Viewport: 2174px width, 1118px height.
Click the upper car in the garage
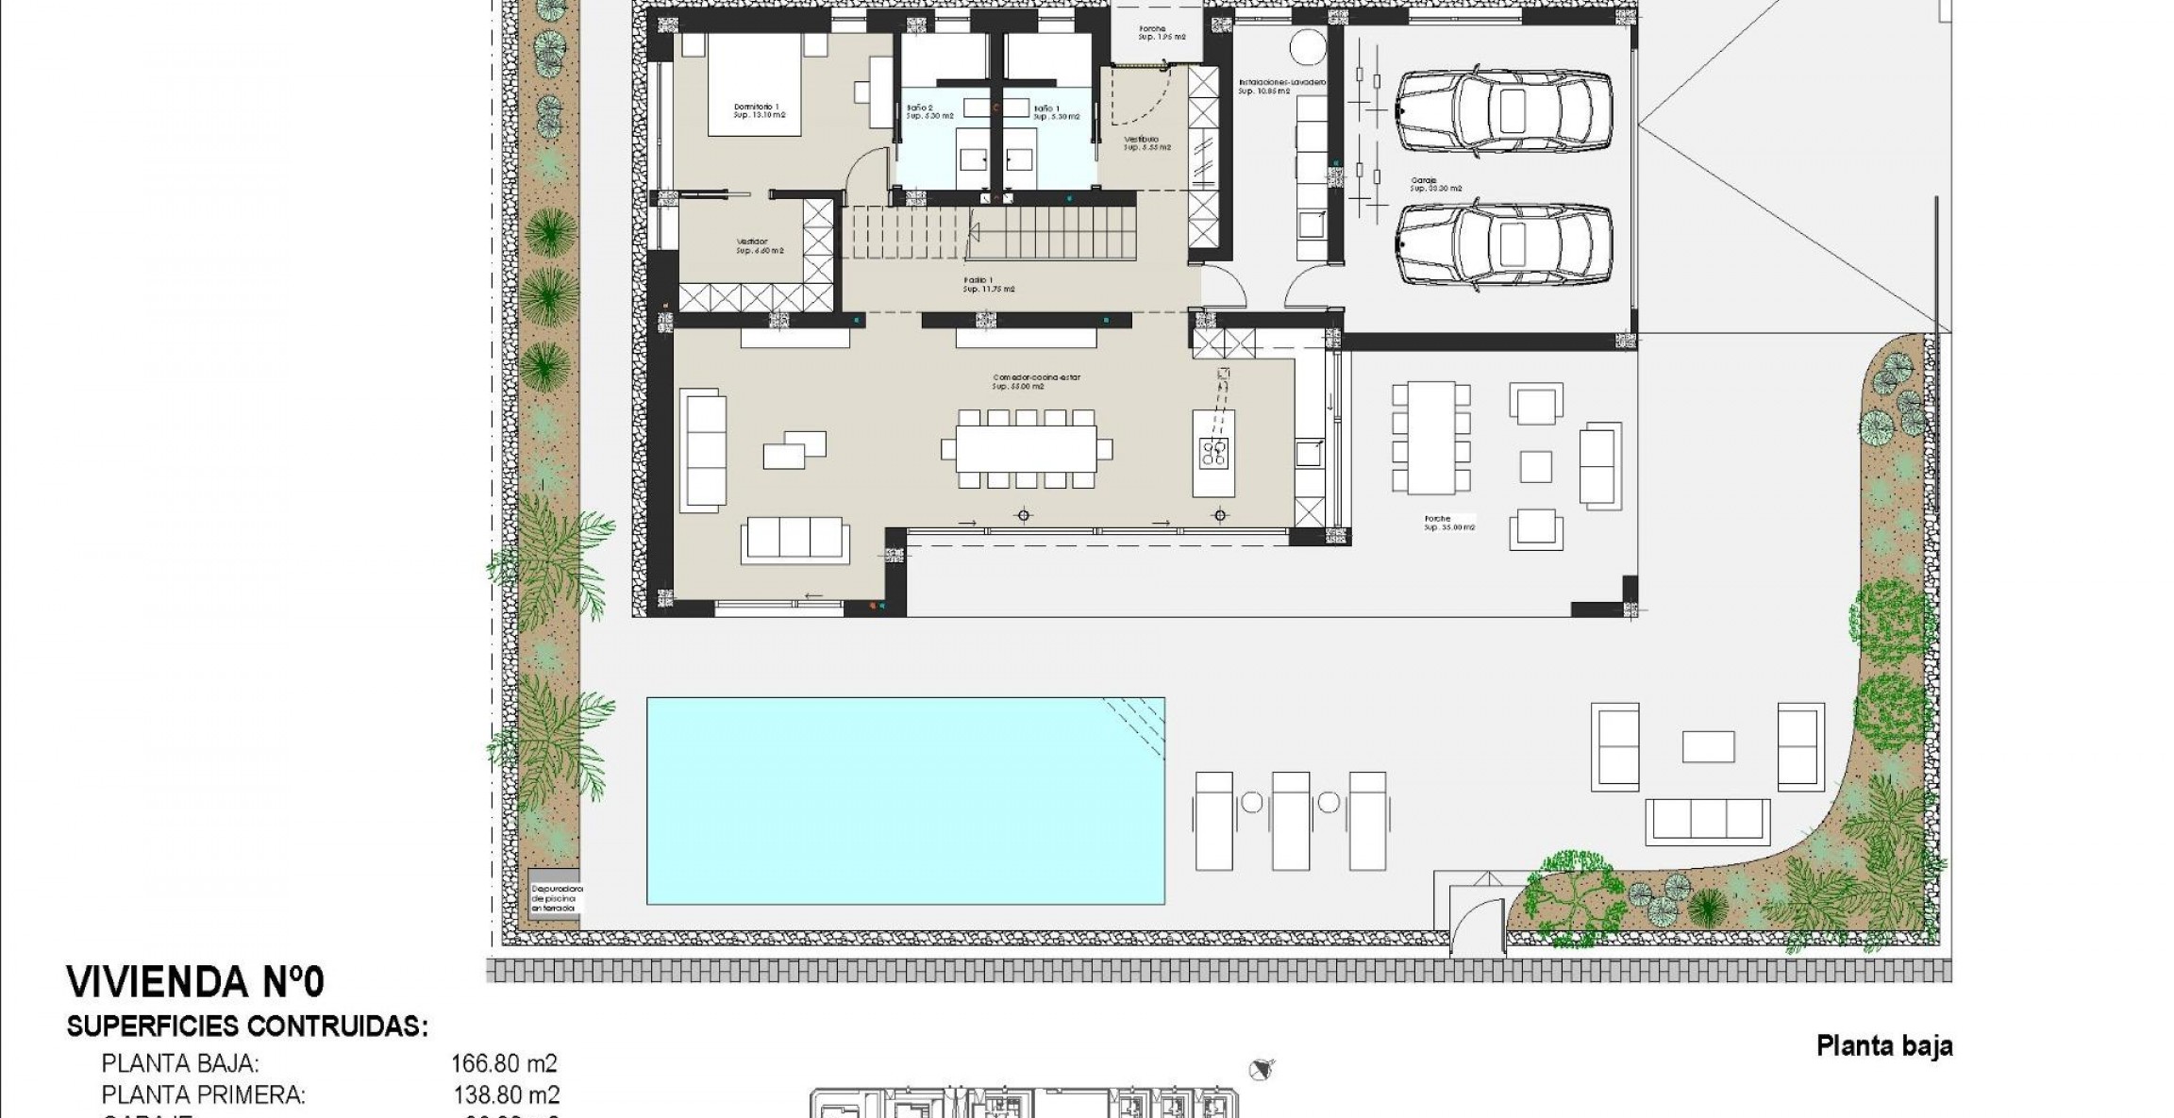(1503, 110)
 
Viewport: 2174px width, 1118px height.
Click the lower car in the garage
(1503, 244)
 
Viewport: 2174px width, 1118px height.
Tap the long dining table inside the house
(1026, 448)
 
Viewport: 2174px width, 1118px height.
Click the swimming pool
(905, 800)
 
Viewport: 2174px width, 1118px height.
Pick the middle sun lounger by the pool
(1291, 820)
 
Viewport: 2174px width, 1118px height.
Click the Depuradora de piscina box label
(557, 897)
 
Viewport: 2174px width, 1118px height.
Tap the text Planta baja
(1883, 1046)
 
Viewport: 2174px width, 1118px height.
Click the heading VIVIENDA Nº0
(195, 982)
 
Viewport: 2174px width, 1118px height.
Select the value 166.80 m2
(504, 1064)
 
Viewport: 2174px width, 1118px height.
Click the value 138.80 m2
(505, 1094)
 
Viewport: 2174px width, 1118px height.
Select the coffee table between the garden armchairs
(1708, 746)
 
